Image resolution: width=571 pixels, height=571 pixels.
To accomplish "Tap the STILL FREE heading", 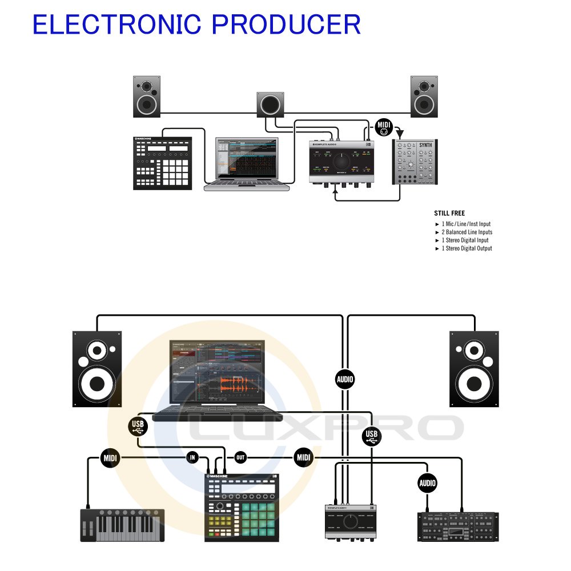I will [x=449, y=214].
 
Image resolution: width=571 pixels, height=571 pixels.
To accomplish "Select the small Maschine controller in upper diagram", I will [x=162, y=163].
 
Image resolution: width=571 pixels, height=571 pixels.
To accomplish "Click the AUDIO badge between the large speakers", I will [x=345, y=379].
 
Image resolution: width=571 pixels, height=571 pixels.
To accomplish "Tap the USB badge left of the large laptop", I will [x=138, y=425].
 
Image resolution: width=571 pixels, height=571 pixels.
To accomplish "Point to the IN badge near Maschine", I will [x=193, y=457].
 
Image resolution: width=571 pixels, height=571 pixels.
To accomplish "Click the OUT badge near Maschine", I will [x=240, y=457].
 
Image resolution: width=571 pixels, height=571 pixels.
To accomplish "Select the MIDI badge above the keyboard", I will [x=110, y=457].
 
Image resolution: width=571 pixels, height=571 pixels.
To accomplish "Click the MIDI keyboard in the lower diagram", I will [x=122, y=525].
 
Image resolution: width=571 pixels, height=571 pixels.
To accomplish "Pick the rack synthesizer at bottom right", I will [x=458, y=526].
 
